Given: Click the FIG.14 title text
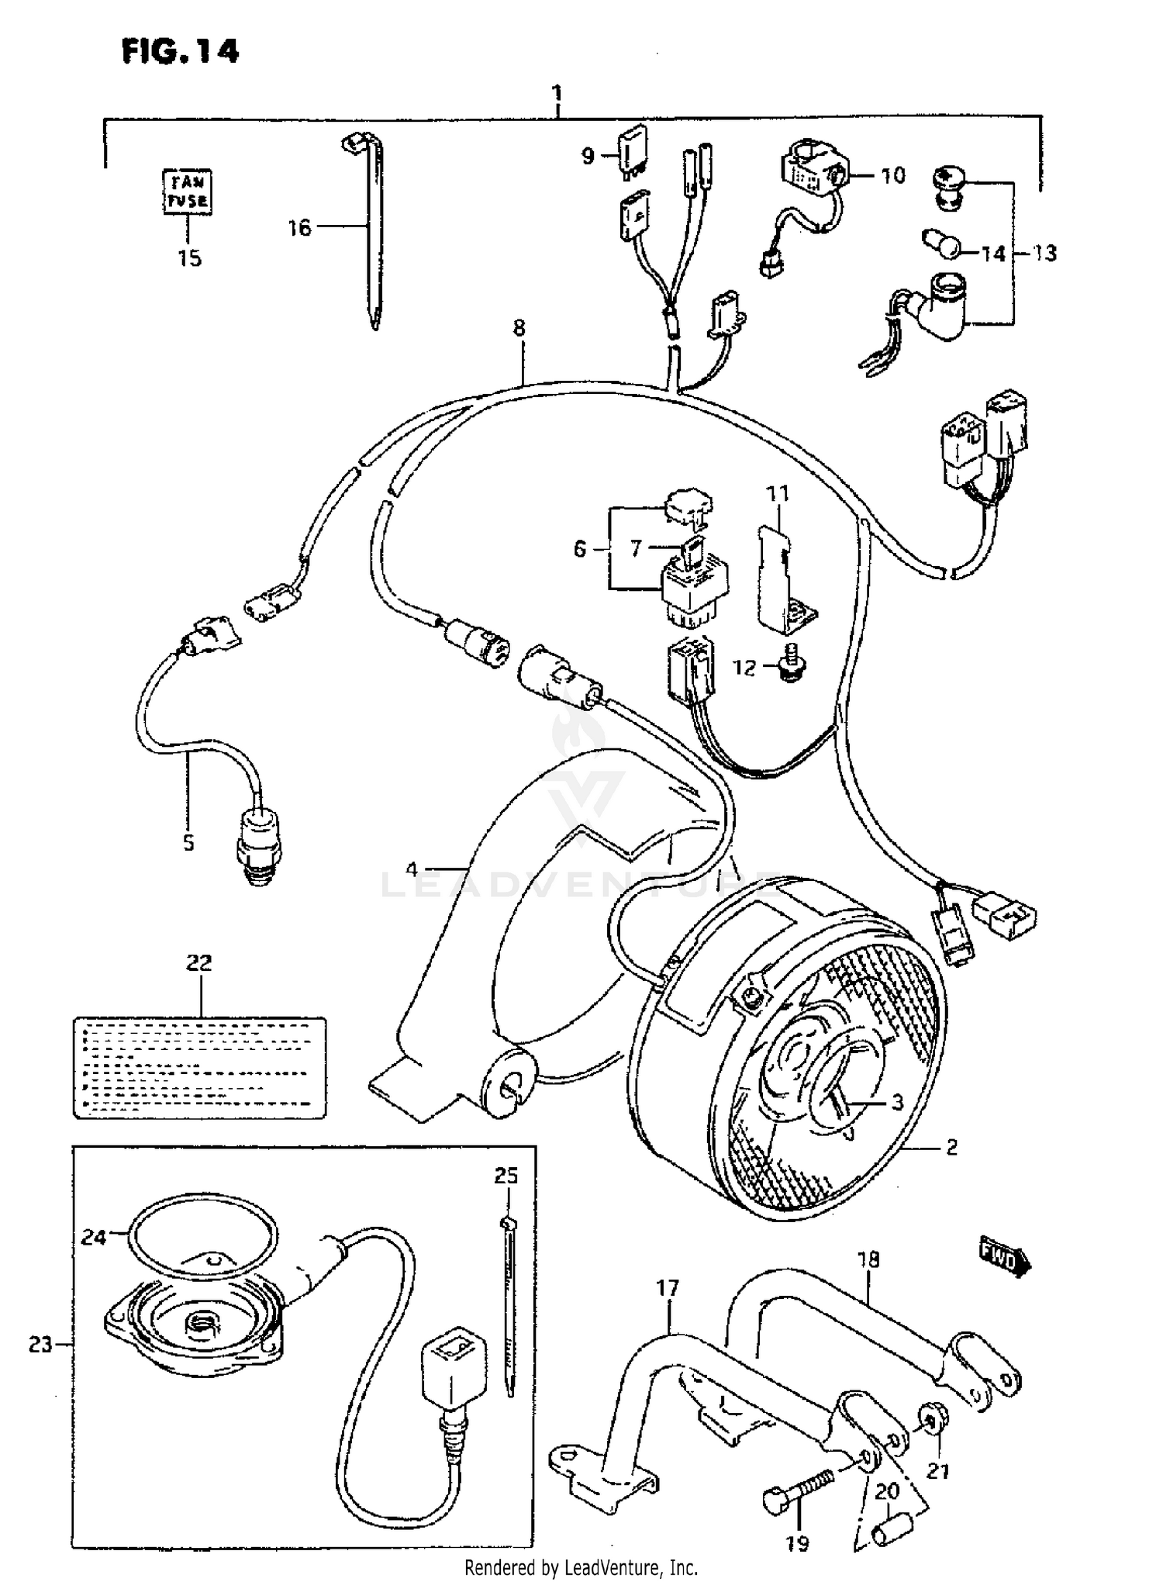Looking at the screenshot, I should (x=180, y=51).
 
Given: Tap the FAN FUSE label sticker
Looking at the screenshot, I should (x=187, y=193).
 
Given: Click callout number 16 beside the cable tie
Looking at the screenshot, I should (x=299, y=227).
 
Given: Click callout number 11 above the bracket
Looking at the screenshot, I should (x=778, y=494).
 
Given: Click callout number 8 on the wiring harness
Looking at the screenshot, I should (x=519, y=328).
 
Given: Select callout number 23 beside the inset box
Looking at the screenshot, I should (x=40, y=1345).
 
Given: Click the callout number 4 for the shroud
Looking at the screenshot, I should (x=412, y=869).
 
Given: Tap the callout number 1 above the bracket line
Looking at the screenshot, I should (x=557, y=94).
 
